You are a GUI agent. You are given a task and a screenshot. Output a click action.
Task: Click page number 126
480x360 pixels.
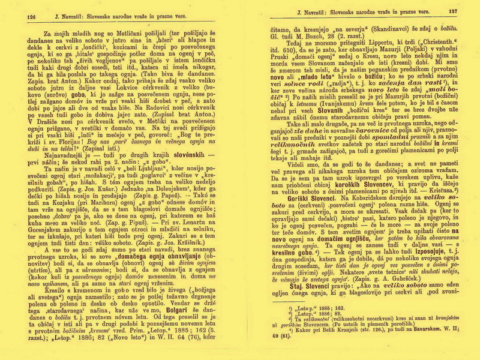pos(32,11)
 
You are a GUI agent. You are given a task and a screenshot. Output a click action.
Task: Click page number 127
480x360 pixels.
pos(452,11)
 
